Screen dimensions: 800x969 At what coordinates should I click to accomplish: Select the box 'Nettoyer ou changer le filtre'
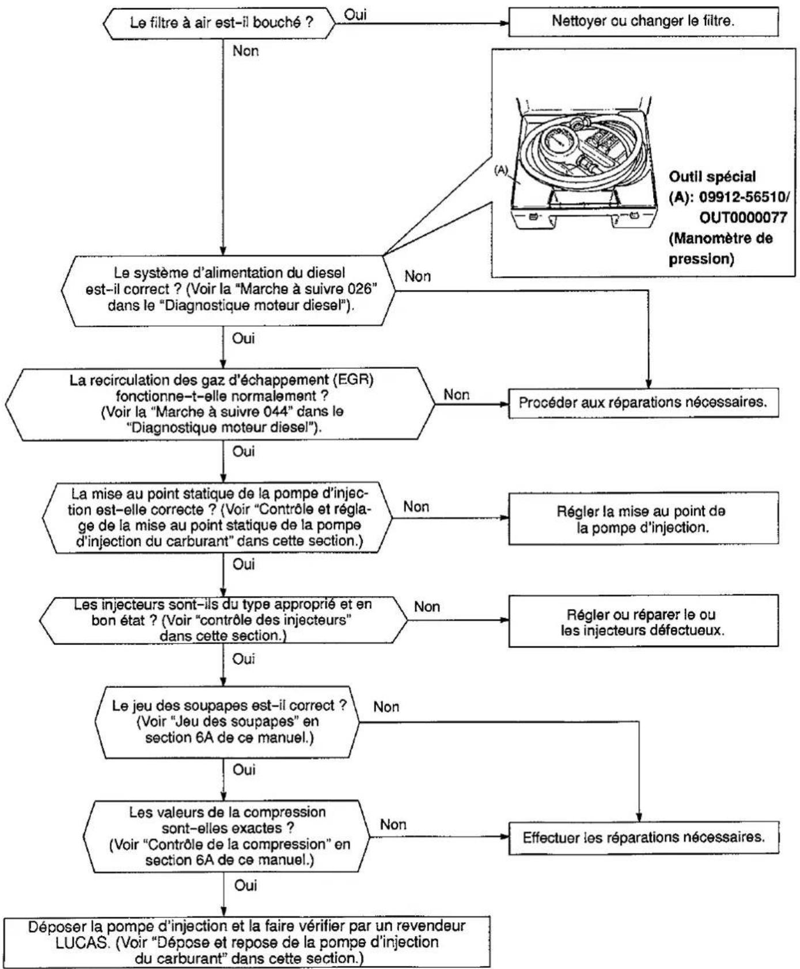pyautogui.click(x=643, y=22)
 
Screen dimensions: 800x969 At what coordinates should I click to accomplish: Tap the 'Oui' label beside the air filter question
pyautogui.click(x=355, y=15)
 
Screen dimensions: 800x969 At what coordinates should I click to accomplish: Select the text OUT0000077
pyautogui.click(x=743, y=218)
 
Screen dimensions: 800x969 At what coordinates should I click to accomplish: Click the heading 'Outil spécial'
pyautogui.click(x=712, y=177)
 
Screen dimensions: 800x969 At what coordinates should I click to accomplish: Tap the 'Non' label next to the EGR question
pyautogui.click(x=456, y=395)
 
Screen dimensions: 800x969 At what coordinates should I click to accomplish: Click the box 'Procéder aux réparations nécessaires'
pyautogui.click(x=643, y=402)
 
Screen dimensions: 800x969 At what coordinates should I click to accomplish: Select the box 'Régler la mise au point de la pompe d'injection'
pyautogui.click(x=643, y=518)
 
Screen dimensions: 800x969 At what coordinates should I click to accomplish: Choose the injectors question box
pyautogui.click(x=223, y=620)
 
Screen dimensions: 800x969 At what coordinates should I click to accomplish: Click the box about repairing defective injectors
pyautogui.click(x=643, y=622)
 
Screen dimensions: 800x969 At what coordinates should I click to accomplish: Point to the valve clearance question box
pyautogui.click(x=226, y=722)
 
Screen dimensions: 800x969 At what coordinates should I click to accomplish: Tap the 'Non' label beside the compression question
pyautogui.click(x=393, y=825)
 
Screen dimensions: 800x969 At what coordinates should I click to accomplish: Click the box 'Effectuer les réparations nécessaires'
pyautogui.click(x=643, y=837)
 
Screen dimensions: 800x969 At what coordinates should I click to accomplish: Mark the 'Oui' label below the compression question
pyautogui.click(x=245, y=885)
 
